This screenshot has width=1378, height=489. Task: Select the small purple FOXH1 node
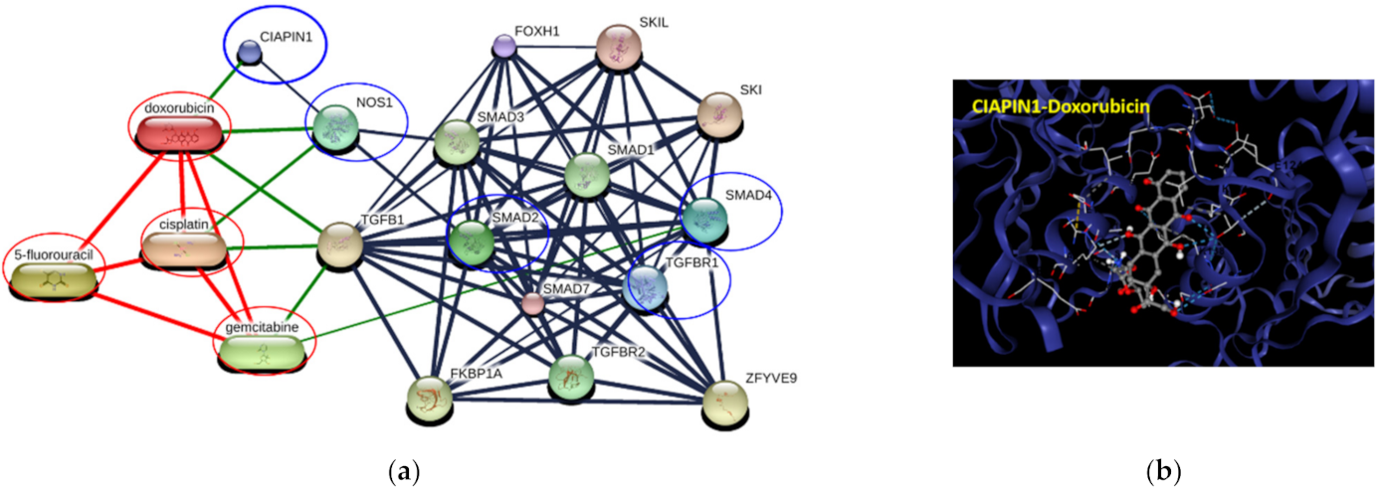(504, 46)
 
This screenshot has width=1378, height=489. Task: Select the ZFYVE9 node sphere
(723, 403)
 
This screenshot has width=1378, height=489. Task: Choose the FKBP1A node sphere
(430, 398)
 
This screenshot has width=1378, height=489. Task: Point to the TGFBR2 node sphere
(571, 377)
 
